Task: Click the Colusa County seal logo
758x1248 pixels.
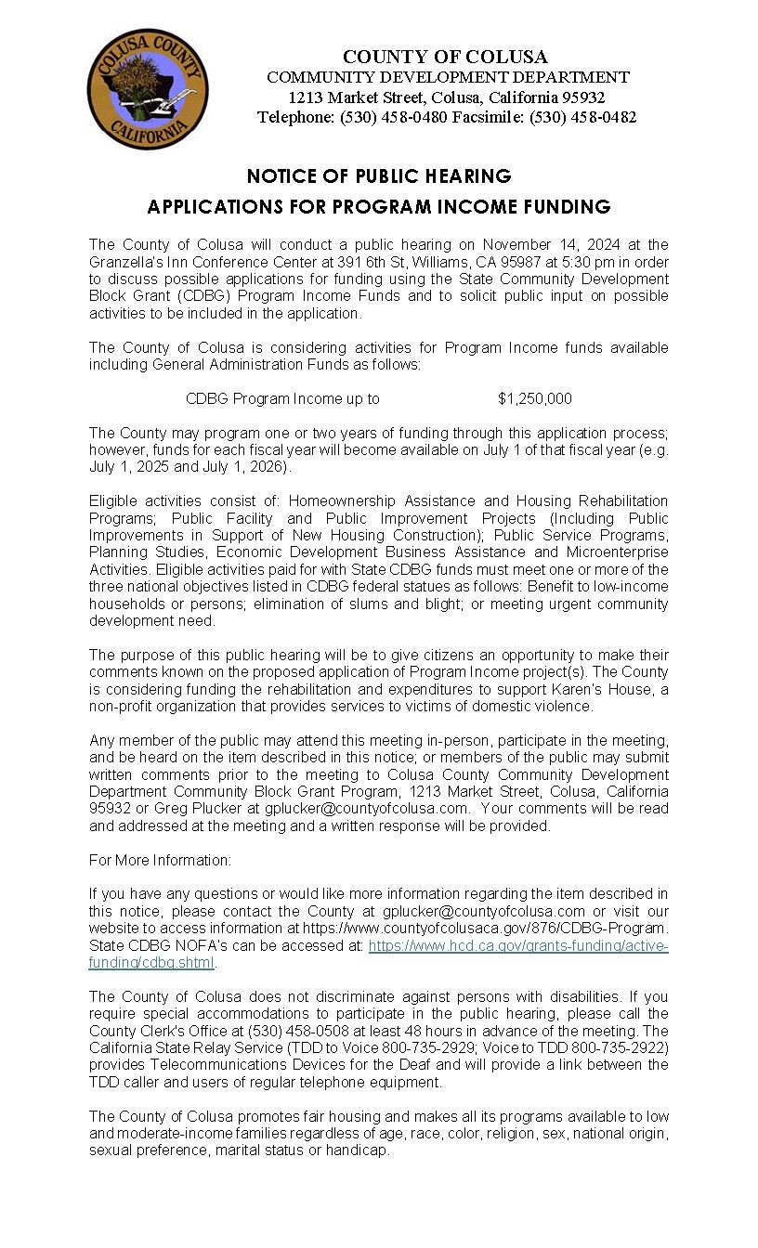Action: pyautogui.click(x=148, y=89)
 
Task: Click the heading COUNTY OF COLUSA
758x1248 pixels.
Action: pyautogui.click(x=445, y=57)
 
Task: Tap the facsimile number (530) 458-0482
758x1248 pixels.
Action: pyautogui.click(x=582, y=117)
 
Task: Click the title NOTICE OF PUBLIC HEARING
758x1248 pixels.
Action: pyautogui.click(x=379, y=175)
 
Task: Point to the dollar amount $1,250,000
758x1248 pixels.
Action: pyautogui.click(x=534, y=398)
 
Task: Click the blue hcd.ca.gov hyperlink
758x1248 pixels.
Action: pyautogui.click(x=518, y=945)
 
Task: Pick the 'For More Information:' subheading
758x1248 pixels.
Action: pyautogui.click(x=160, y=860)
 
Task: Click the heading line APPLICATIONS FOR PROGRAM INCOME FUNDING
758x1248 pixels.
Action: pyautogui.click(x=379, y=206)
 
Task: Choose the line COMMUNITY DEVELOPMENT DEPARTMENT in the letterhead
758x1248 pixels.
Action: pyautogui.click(x=448, y=77)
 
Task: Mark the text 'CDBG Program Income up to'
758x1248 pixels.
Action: pyautogui.click(x=282, y=398)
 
